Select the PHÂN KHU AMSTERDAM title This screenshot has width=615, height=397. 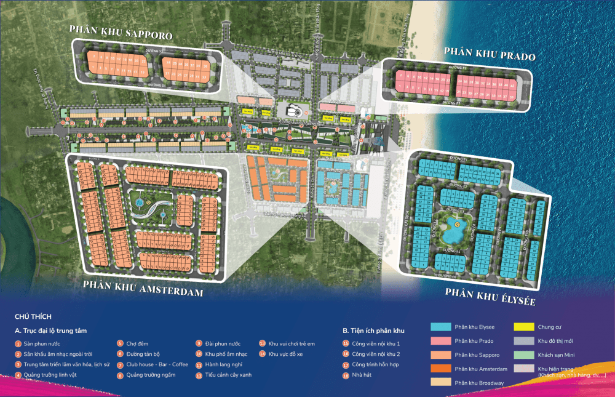[x=143, y=288]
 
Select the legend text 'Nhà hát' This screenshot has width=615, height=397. [x=362, y=375]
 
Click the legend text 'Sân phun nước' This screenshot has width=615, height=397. [x=40, y=343]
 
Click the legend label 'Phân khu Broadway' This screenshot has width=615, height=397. [x=479, y=383]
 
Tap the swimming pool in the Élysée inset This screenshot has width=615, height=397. [x=456, y=231]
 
